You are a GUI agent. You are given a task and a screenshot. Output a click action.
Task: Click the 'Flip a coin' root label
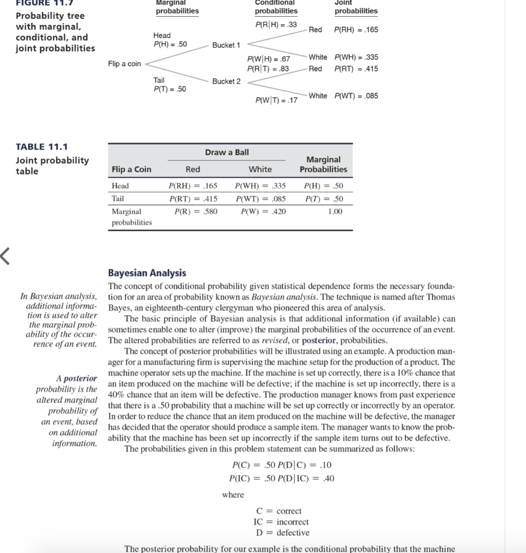[x=124, y=64]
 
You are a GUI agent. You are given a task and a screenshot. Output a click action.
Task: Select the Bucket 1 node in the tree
[x=226, y=45]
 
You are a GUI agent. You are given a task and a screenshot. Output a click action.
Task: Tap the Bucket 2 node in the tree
[x=226, y=81]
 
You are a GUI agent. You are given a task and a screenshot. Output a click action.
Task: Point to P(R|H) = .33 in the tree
[x=276, y=24]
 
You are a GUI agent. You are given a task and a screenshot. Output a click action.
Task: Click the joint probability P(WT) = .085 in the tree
[x=356, y=96]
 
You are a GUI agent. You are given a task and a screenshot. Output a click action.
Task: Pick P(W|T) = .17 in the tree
[x=276, y=100]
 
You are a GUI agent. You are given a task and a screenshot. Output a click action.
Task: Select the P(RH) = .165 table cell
[x=193, y=186]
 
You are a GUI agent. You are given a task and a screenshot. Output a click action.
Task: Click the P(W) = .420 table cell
[x=260, y=211]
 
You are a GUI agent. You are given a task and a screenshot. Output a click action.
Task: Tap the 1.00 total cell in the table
[x=335, y=211]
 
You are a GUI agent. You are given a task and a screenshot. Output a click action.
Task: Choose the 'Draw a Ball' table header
[x=227, y=152]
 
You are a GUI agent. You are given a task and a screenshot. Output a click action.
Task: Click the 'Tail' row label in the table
[x=118, y=198]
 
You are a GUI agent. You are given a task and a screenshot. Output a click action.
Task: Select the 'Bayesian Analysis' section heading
[x=147, y=273]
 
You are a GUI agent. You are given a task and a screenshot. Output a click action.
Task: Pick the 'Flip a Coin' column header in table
[x=131, y=169]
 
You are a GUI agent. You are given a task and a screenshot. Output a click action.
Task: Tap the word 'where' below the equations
[x=233, y=495]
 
